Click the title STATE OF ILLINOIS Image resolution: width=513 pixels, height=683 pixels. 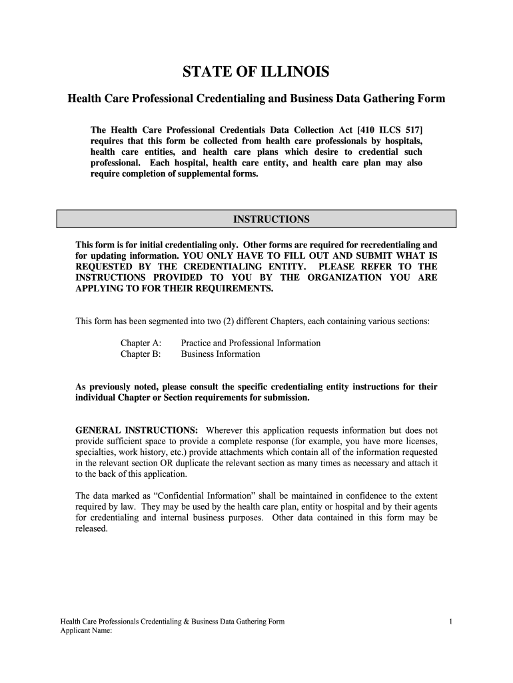[256, 72]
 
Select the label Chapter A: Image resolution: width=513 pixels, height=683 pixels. [141, 343]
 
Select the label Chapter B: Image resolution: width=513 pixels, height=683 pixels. [141, 354]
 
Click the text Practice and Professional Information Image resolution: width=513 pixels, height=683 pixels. [251, 343]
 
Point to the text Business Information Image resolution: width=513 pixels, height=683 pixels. [221, 354]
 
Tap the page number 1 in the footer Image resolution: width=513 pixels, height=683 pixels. [451, 622]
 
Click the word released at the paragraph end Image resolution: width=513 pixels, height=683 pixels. [91, 528]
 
